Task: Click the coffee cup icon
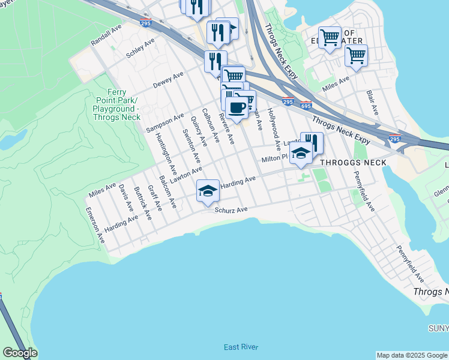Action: [237, 108]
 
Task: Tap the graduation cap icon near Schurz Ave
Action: [208, 191]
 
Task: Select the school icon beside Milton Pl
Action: [301, 153]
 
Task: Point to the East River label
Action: [241, 347]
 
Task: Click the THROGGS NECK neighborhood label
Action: [348, 163]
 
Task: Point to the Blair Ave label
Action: [372, 103]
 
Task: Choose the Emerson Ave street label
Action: [95, 225]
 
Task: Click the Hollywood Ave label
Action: [274, 129]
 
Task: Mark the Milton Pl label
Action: [275, 159]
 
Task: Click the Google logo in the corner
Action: [19, 353]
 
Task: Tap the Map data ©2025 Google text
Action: [412, 355]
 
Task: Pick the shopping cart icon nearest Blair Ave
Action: [356, 56]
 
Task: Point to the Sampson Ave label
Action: [165, 123]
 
